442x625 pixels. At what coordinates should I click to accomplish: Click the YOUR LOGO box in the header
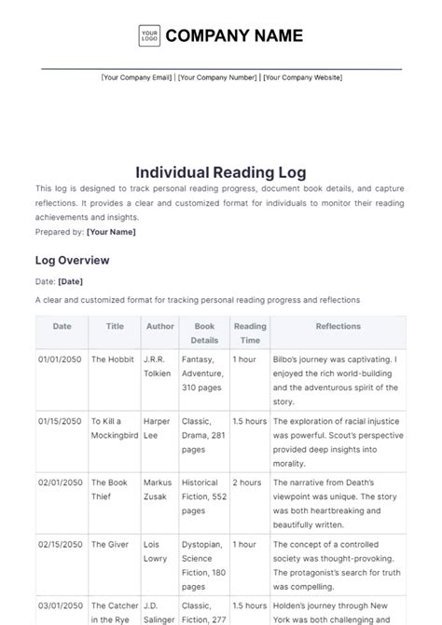click(x=149, y=36)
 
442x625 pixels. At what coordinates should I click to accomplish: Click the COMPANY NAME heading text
click(x=234, y=36)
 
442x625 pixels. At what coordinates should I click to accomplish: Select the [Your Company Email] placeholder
click(x=137, y=78)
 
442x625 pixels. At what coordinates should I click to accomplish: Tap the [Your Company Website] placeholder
click(x=302, y=78)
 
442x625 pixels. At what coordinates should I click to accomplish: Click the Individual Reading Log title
click(x=221, y=172)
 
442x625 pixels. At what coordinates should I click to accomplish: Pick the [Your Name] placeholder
click(x=111, y=232)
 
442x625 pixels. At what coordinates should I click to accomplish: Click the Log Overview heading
click(x=72, y=260)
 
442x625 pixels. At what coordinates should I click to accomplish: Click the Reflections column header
click(x=338, y=327)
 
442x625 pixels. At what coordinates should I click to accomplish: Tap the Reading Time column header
click(x=249, y=333)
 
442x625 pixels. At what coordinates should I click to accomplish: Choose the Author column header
click(x=159, y=327)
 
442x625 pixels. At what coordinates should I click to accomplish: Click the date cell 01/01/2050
click(x=61, y=359)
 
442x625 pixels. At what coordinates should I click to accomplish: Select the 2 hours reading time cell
click(x=246, y=482)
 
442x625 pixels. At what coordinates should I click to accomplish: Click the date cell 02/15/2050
click(x=61, y=544)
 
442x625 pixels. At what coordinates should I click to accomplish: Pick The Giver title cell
click(x=110, y=544)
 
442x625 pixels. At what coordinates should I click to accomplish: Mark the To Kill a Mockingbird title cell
click(x=115, y=428)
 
